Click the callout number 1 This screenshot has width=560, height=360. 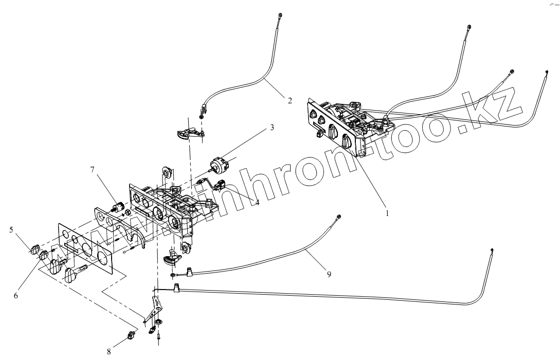click(x=387, y=211)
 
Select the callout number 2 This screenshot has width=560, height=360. click(x=290, y=101)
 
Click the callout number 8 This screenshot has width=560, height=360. click(x=109, y=352)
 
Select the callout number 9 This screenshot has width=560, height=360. click(x=329, y=274)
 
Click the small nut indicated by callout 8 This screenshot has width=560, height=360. click(x=131, y=335)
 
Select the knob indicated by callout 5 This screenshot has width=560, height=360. click(x=35, y=250)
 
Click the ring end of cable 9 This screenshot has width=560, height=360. click(x=339, y=218)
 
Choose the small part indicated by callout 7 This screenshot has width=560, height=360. click(x=119, y=208)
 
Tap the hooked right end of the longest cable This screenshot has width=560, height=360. click(x=493, y=250)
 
